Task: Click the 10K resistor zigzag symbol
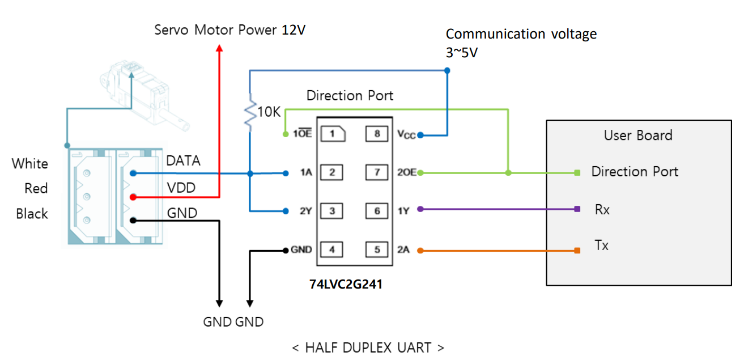point(249,114)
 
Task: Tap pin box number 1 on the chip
point(333,134)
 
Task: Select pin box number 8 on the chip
point(377,134)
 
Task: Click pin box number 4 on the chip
point(333,249)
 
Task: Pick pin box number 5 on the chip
point(377,249)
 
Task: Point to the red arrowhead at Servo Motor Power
point(220,48)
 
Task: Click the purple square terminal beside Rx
point(577,209)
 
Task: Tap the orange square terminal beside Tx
point(577,251)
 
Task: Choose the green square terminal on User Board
point(577,172)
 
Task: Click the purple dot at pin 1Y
point(420,209)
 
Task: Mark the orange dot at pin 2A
point(420,251)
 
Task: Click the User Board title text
point(638,135)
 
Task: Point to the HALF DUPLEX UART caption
point(368,347)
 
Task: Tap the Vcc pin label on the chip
point(407,135)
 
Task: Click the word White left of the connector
point(30,164)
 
